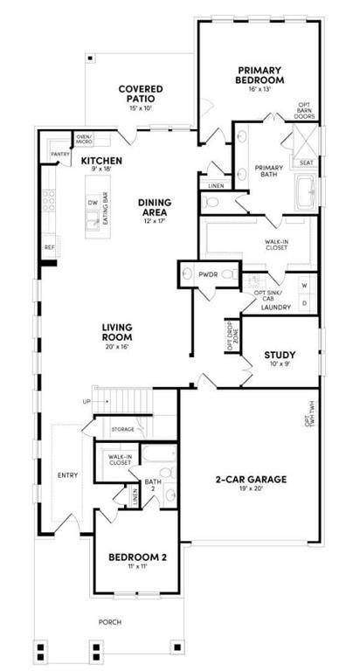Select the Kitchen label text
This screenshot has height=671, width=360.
coord(101,162)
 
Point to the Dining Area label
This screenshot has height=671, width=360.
coord(154,208)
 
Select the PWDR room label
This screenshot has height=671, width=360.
coord(207,273)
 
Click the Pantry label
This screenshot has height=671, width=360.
coord(60,154)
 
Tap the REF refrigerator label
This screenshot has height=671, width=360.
coord(50,247)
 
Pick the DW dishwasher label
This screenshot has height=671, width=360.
coord(92,202)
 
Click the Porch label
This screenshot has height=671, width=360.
coord(109,622)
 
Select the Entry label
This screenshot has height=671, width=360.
coord(67,475)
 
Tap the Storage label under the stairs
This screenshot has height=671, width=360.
coord(122,429)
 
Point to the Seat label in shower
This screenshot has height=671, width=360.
coord(307,163)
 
